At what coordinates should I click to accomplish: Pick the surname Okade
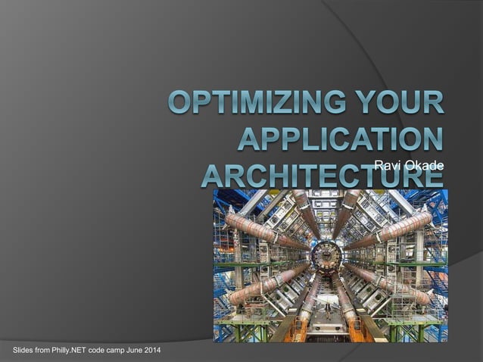pos(424,167)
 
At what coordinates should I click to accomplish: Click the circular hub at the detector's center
pos(326,257)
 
